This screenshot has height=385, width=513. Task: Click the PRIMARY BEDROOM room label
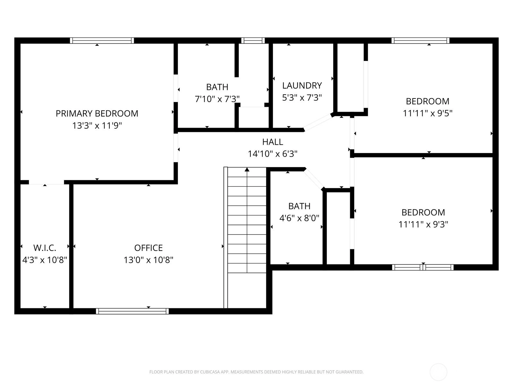[x=97, y=113]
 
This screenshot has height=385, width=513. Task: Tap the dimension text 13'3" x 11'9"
[x=97, y=125]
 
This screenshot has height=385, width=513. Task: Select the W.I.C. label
[x=45, y=248]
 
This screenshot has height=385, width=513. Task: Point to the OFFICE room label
[x=148, y=248]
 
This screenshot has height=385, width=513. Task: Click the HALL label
[x=273, y=142]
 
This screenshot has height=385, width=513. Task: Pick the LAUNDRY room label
[x=302, y=86]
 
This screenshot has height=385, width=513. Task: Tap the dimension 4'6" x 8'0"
[x=299, y=218]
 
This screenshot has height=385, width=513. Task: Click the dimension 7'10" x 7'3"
[x=217, y=99]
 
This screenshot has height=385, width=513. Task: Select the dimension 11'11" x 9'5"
[x=427, y=113]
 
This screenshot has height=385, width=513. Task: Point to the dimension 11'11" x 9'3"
[x=423, y=224]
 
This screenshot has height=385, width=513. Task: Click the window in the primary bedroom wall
[x=102, y=41]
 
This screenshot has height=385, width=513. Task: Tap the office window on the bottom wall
[x=132, y=311]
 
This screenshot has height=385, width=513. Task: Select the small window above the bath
[x=253, y=41]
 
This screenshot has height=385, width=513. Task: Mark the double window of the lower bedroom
[x=423, y=268]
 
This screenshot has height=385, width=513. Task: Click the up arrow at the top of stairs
[x=247, y=169]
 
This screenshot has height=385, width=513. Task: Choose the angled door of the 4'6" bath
[x=314, y=179]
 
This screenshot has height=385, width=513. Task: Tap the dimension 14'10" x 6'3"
[x=273, y=154]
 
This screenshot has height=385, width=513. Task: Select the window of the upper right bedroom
[x=420, y=41]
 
